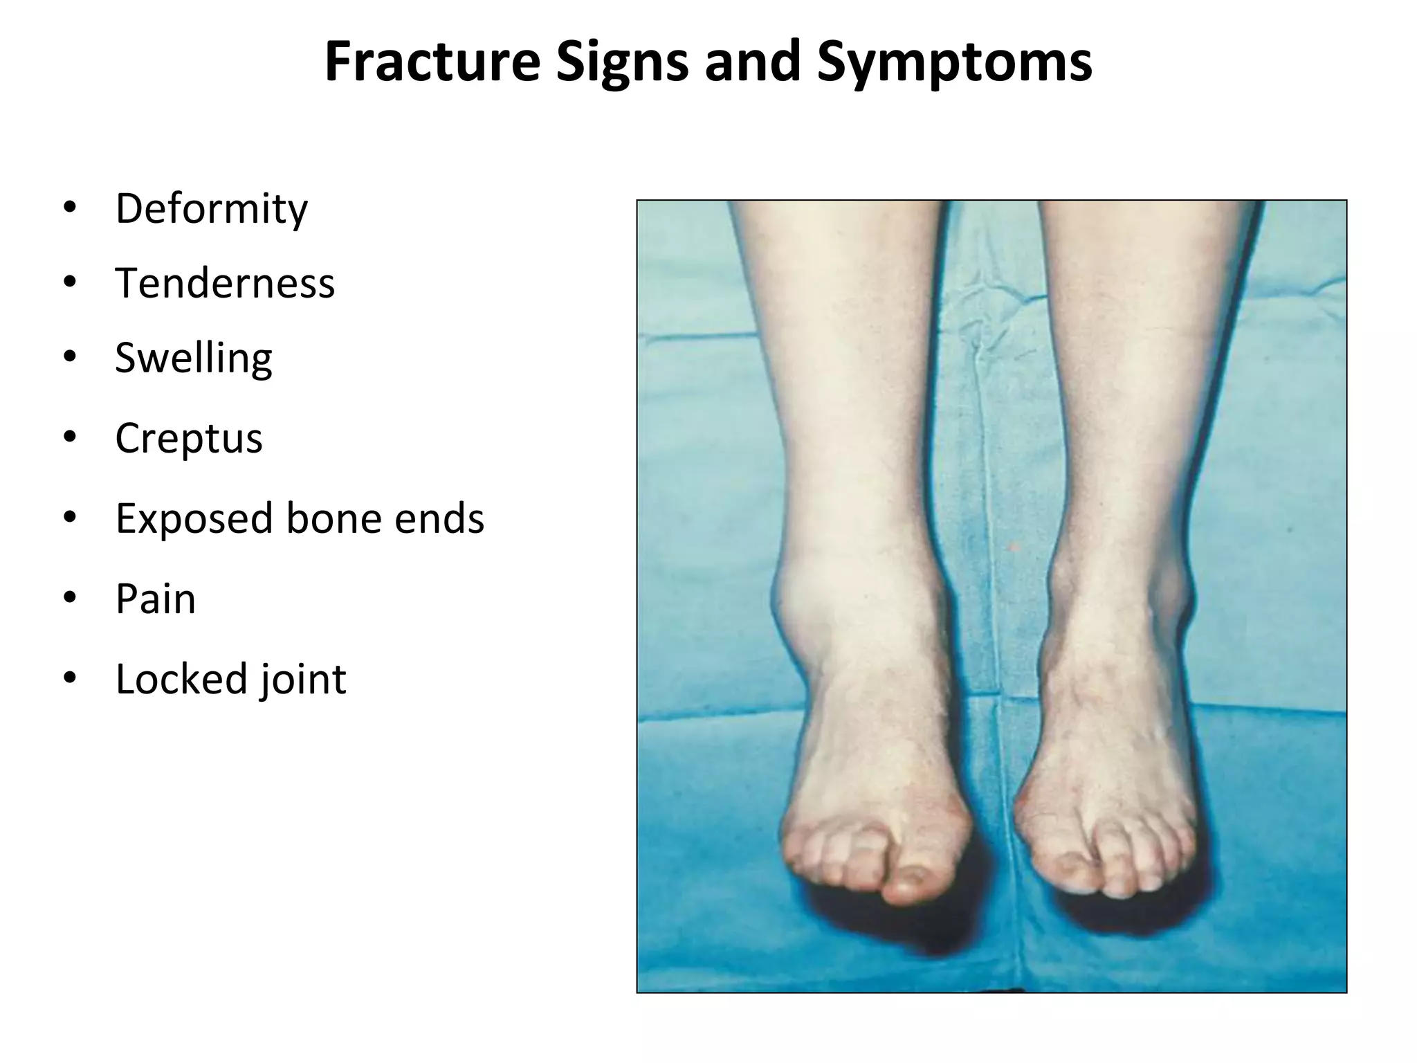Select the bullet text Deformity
(x=211, y=208)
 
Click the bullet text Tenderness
(x=225, y=284)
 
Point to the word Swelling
(x=194, y=358)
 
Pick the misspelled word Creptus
(x=189, y=438)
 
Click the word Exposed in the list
(x=194, y=518)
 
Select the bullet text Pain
(x=156, y=599)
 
